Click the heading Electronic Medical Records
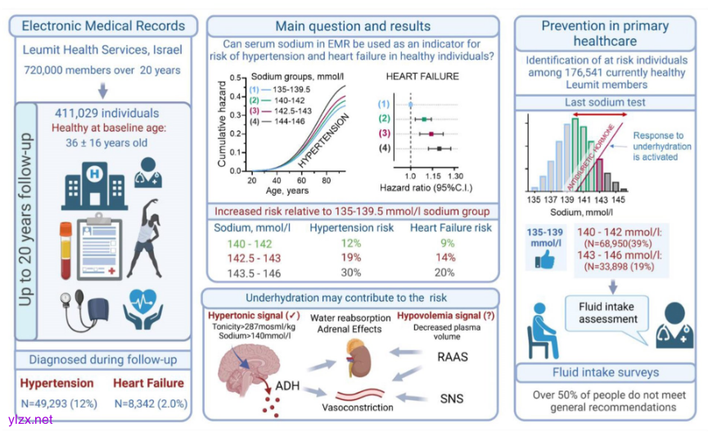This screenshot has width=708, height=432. (x=103, y=25)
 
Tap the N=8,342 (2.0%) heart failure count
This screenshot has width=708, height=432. (x=148, y=403)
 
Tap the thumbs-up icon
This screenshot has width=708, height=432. (x=544, y=261)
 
